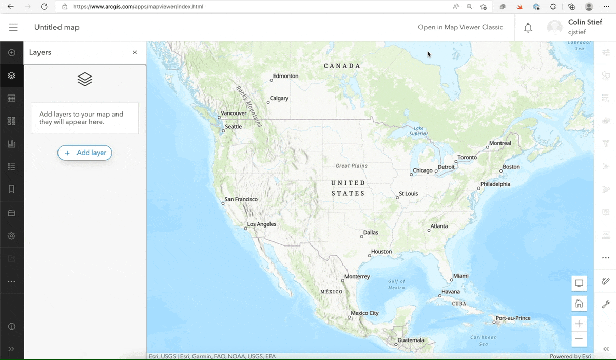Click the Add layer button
(x=85, y=153)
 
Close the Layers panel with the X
(x=135, y=52)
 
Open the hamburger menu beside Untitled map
(x=13, y=27)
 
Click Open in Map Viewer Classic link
(x=460, y=27)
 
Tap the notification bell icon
(x=528, y=28)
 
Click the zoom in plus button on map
(x=579, y=324)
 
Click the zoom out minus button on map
(x=579, y=339)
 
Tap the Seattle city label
(x=234, y=126)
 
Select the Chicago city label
(x=422, y=170)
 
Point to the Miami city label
(x=460, y=276)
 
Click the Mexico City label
(x=364, y=313)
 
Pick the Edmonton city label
(x=285, y=76)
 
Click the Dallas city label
(x=371, y=232)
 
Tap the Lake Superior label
(x=419, y=131)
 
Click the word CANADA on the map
(x=342, y=66)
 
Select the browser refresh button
(x=44, y=7)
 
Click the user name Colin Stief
(x=585, y=22)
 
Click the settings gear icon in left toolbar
(x=11, y=236)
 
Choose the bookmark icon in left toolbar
(x=11, y=190)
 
